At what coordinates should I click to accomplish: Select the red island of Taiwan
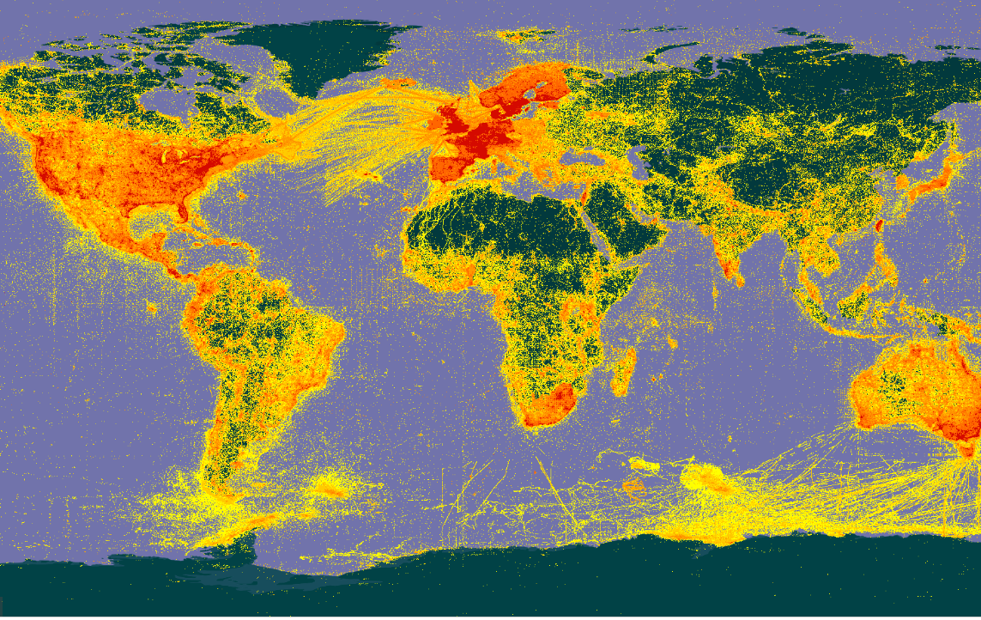pos(878,228)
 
